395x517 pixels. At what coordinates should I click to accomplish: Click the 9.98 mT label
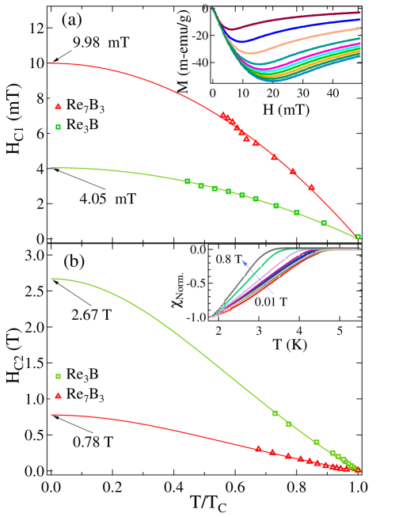tap(99, 42)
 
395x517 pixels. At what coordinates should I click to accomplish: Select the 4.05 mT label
tap(106, 199)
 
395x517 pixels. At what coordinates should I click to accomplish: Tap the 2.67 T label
tap(91, 316)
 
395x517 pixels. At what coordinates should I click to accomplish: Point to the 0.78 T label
tap(92, 441)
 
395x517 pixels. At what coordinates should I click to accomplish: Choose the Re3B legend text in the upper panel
tap(85, 124)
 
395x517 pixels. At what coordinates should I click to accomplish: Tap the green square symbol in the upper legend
tap(58, 125)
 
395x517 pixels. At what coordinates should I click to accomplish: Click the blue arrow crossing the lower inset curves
tap(258, 277)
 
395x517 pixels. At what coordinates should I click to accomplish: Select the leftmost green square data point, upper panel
tap(188, 181)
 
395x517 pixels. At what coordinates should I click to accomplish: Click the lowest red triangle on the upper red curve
tap(312, 188)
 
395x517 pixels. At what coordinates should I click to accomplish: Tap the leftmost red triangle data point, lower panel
tap(258, 449)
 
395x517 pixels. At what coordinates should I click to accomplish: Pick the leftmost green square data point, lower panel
tap(275, 413)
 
